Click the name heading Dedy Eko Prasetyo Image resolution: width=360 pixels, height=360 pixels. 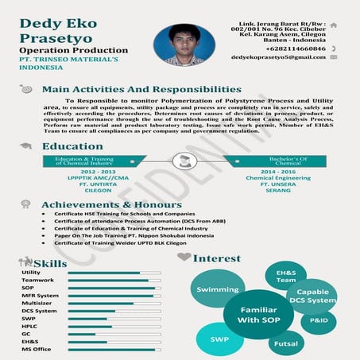pos(55,31)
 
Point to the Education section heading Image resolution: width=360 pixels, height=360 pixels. pos(72,146)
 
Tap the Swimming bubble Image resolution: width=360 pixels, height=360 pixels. pos(217,290)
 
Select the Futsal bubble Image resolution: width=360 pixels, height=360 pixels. pos(285,343)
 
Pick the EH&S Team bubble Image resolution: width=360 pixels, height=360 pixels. pos(285,277)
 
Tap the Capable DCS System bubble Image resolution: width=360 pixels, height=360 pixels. pos(312,296)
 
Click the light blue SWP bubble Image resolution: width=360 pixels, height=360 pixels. pos(219,339)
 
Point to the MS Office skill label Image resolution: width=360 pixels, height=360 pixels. pos(37,349)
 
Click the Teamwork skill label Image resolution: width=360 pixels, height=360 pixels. pos(38,280)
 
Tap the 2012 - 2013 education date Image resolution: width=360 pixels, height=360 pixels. pos(98,172)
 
